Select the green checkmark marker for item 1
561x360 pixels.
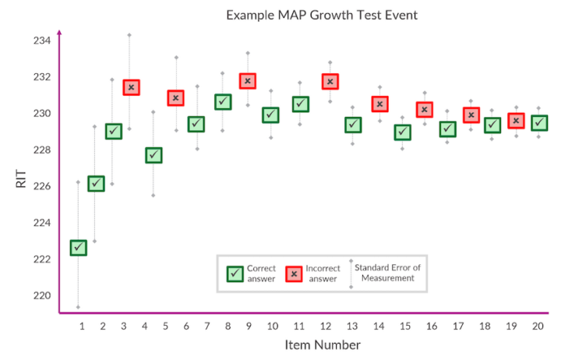78,248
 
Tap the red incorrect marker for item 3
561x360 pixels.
131,87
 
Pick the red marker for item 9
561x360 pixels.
248,81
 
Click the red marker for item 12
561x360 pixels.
330,82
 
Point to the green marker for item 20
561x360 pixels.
538,122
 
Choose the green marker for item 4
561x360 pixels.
153,155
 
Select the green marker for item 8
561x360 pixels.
223,101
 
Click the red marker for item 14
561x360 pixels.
380,104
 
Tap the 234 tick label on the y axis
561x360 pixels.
42,41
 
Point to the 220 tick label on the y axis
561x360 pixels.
42,295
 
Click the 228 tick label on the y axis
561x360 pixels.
42,150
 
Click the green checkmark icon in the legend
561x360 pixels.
235,274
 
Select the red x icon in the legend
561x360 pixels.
293,274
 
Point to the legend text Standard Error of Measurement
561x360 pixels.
387,273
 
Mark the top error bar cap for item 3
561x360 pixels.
129,35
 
